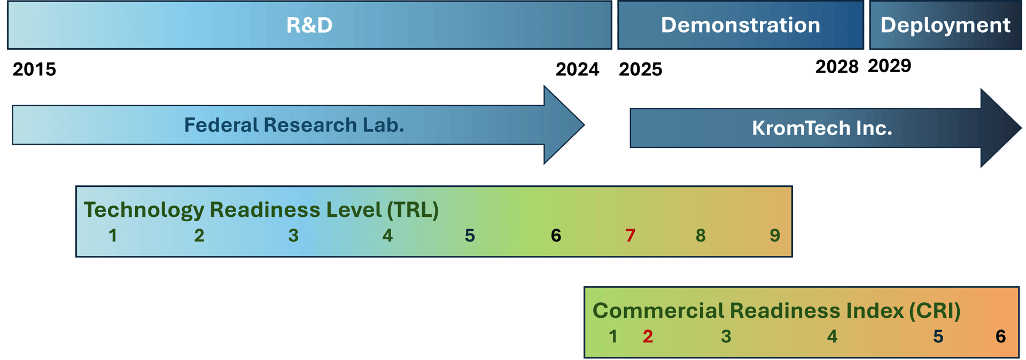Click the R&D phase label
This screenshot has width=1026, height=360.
(x=309, y=25)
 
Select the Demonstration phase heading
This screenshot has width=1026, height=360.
(x=740, y=25)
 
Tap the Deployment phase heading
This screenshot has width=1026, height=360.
(x=945, y=25)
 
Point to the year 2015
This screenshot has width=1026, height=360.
(x=34, y=69)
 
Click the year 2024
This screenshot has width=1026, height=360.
(x=577, y=69)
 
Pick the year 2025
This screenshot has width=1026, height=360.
(x=640, y=69)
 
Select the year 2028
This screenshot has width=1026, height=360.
(x=836, y=67)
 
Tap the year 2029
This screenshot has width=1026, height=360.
(x=889, y=66)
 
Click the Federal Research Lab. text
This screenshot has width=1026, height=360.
(x=294, y=125)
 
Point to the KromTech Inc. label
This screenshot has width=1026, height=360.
(x=822, y=128)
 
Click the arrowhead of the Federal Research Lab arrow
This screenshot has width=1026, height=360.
(x=563, y=126)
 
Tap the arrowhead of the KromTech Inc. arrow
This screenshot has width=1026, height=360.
(x=999, y=128)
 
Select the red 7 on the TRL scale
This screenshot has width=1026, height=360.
(x=630, y=236)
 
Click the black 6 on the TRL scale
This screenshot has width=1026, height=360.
(x=556, y=236)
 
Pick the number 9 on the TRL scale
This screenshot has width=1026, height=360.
(x=775, y=236)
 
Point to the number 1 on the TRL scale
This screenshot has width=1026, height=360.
(x=113, y=236)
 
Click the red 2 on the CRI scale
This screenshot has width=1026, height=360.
(x=648, y=336)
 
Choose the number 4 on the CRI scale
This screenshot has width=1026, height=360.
(x=832, y=336)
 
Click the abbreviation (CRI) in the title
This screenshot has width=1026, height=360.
(x=935, y=311)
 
